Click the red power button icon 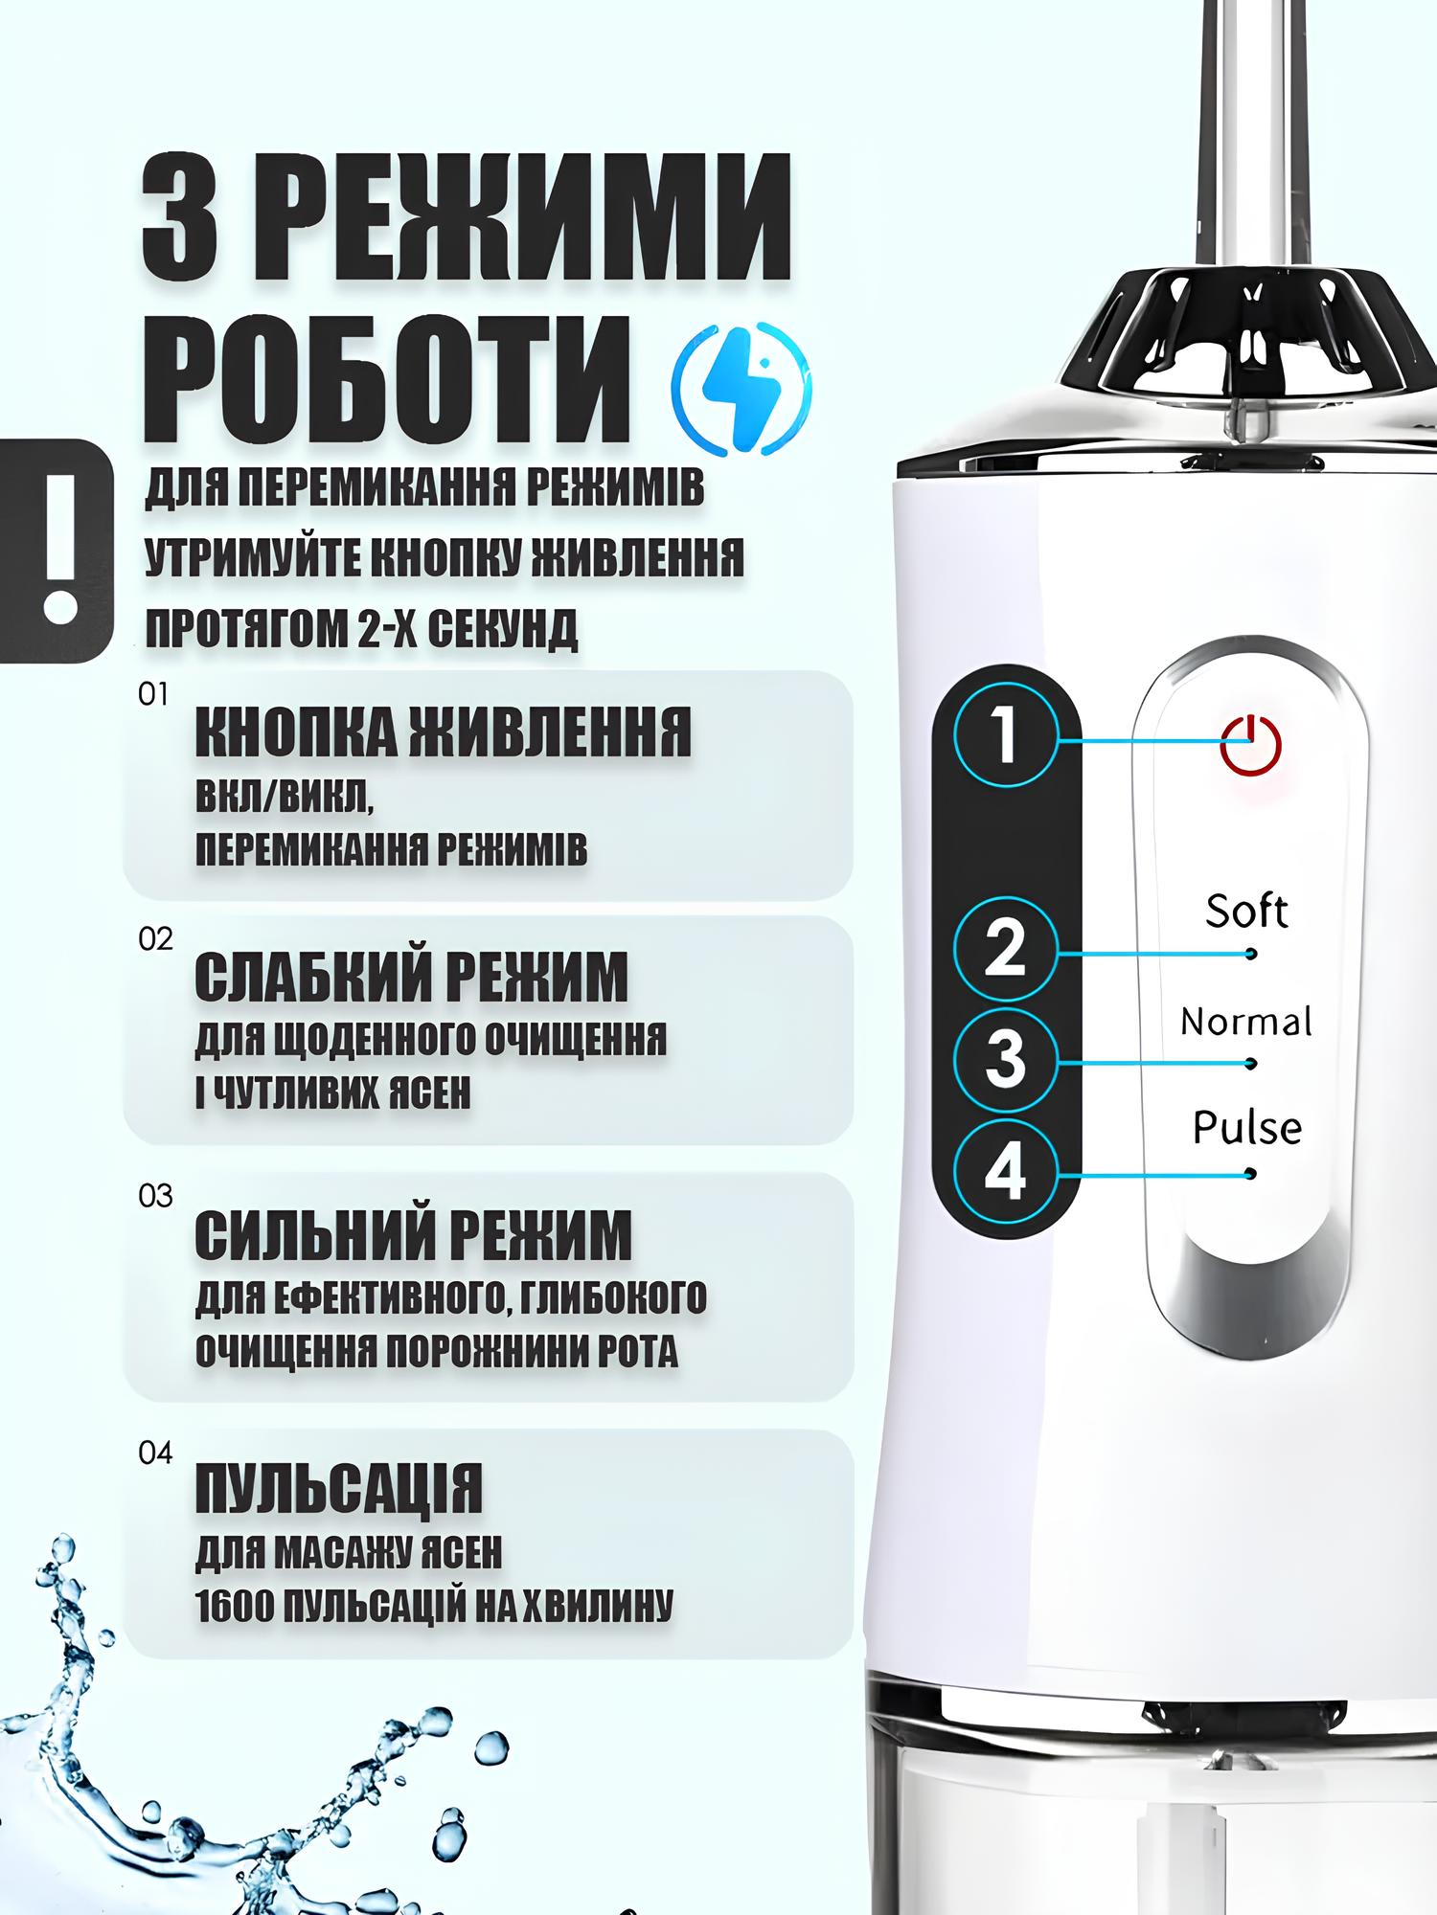(x=1250, y=745)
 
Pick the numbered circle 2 (x=1006, y=949)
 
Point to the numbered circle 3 (x=1006, y=1059)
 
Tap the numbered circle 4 (x=1006, y=1170)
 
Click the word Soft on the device (x=1246, y=911)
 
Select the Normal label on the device (x=1246, y=1022)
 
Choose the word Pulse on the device (x=1247, y=1127)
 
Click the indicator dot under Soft (x=1250, y=954)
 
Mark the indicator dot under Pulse (x=1250, y=1174)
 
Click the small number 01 (x=153, y=694)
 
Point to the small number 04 (x=155, y=1453)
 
